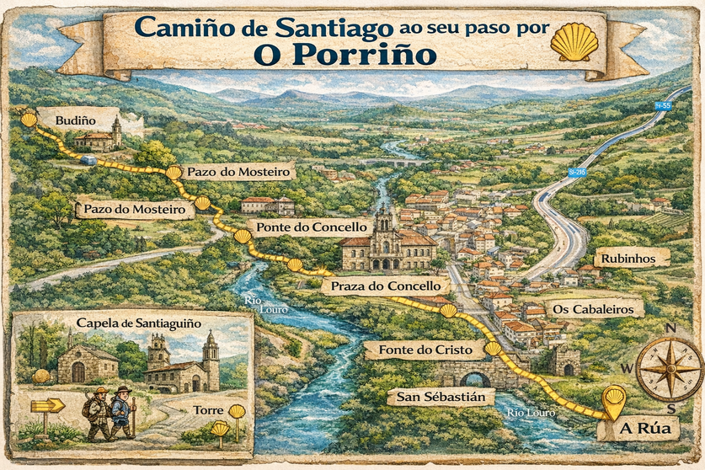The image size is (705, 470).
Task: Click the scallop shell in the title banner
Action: [x=574, y=42]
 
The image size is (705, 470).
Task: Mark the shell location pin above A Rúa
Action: [x=615, y=398]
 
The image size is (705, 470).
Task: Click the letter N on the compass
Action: [x=670, y=328]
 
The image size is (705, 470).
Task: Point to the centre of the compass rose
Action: [x=670, y=369]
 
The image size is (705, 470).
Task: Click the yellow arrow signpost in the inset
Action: [x=47, y=405]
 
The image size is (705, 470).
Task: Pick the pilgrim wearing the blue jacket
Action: [x=122, y=414]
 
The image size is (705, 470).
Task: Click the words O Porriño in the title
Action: [x=344, y=56]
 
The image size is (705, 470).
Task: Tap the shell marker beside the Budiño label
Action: [x=29, y=120]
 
